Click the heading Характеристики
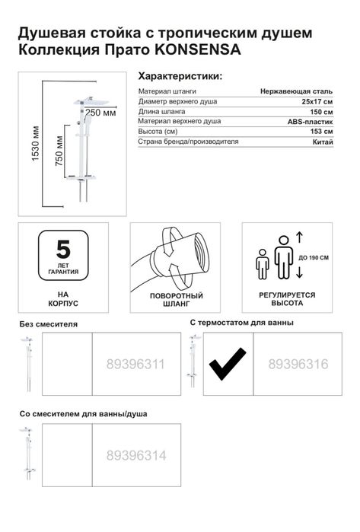click(180, 77)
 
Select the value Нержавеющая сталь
click(296, 91)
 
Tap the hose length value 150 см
click(319, 112)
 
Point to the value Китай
click(322, 142)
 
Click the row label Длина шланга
click(161, 112)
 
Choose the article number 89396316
click(298, 365)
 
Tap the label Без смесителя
click(48, 324)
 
